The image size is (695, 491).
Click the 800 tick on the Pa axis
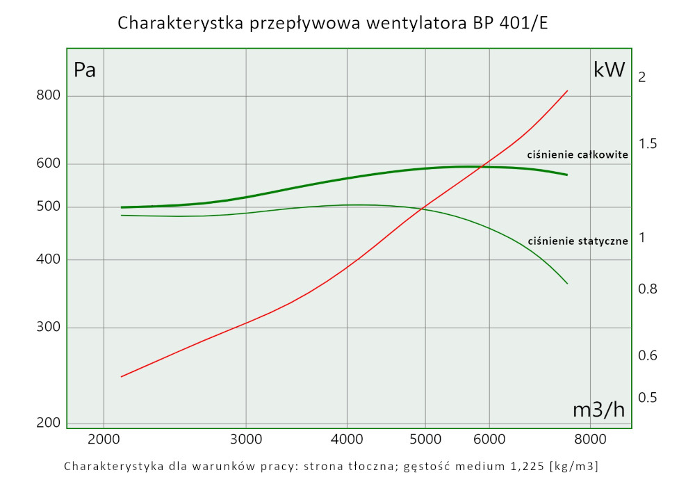(49, 96)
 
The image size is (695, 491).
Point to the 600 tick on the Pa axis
(49, 164)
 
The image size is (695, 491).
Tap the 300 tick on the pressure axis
(49, 328)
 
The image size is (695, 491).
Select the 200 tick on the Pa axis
(49, 423)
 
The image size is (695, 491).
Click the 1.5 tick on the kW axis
(647, 144)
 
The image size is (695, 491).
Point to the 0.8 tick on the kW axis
(647, 289)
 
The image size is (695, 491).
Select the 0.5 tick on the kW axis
(647, 398)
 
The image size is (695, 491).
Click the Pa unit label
(84, 70)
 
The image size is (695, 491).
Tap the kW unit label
(610, 70)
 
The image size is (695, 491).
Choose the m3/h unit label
(598, 410)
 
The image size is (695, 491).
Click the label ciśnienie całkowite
(578, 154)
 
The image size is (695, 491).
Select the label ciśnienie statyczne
(578, 241)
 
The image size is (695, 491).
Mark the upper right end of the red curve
(569, 90)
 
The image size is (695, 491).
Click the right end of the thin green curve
(569, 284)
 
